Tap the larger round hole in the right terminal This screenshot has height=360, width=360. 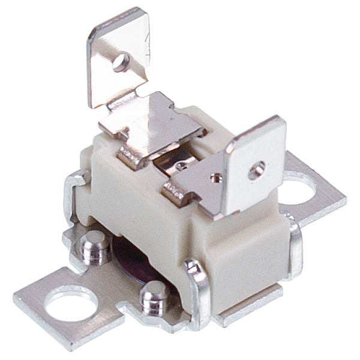coord(256,170)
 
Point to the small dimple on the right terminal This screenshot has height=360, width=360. coord(215,177)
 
